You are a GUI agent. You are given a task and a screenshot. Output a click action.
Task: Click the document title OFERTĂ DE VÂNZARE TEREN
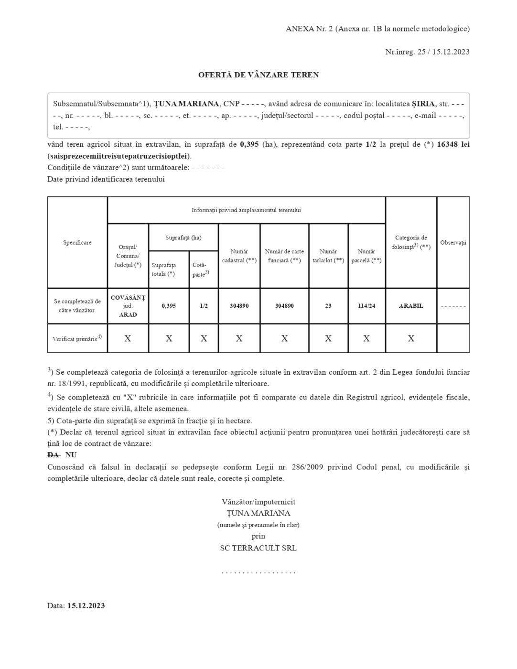258,75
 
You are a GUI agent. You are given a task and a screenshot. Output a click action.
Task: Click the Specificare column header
77,243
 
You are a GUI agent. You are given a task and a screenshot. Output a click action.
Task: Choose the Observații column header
453,243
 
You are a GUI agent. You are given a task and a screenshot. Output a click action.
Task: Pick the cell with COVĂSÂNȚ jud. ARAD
128,306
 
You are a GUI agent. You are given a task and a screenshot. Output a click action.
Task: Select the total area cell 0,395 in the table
169,306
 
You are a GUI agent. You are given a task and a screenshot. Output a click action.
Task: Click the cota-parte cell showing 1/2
204,306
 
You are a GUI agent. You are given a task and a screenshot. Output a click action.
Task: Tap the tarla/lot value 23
328,306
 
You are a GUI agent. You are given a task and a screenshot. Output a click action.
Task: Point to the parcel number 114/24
366,306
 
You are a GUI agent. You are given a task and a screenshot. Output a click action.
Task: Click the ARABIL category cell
411,306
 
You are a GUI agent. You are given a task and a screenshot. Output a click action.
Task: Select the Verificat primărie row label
77,339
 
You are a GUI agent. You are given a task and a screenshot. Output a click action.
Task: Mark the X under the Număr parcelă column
366,339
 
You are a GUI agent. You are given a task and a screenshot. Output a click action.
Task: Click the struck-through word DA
53,455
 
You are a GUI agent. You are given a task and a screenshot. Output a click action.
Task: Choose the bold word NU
71,455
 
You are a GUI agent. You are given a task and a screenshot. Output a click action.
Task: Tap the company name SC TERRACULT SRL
258,548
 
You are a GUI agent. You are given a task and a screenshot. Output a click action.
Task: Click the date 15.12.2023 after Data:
86,606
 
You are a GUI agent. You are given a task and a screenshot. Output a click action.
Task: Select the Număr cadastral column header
239,256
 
